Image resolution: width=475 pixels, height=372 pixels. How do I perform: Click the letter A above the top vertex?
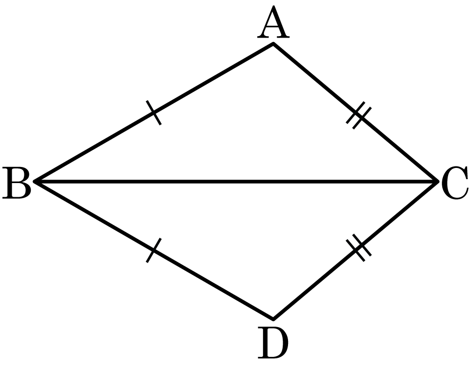click(273, 22)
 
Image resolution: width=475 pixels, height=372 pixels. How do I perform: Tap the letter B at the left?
click(17, 183)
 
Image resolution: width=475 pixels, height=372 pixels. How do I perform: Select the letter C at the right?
click(455, 183)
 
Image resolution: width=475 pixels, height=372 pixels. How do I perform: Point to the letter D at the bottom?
click(273, 343)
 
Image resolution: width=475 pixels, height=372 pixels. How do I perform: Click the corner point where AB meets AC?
click(273, 44)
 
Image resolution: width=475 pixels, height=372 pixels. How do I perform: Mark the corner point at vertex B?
click(35, 182)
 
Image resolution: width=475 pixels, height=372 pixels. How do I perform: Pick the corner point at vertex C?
click(438, 182)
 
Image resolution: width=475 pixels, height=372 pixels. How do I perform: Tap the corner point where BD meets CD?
click(273, 319)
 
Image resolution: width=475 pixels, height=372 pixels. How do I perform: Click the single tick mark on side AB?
click(154, 113)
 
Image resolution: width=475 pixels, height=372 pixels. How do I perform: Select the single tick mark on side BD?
click(154, 250)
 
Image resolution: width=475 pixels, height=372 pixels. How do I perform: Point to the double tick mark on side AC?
click(359, 115)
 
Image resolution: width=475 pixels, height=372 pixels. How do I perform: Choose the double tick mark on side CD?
click(359, 248)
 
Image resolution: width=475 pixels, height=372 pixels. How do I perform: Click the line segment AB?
click(154, 113)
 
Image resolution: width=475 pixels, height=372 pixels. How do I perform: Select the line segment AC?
click(356, 113)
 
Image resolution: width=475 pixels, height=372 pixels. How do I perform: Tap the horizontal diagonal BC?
click(236, 182)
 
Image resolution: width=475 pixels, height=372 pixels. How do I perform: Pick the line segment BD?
click(154, 250)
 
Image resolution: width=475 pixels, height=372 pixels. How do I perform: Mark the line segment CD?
click(356, 250)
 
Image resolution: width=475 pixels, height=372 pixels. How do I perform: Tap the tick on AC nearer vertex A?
click(355, 112)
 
